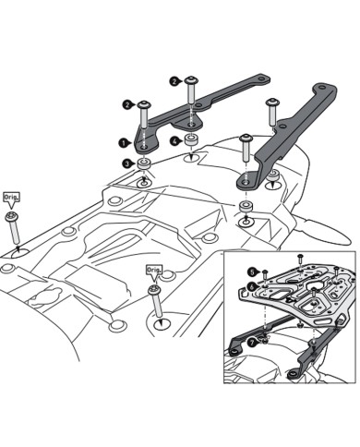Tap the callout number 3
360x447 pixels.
click(x=126, y=163)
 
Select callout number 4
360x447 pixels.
click(x=174, y=141)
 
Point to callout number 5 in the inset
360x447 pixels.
click(x=250, y=271)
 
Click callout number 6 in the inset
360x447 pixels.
click(x=250, y=288)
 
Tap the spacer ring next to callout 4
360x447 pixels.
click(x=191, y=140)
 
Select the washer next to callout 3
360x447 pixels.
click(x=145, y=164)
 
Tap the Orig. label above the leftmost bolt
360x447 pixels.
click(x=13, y=197)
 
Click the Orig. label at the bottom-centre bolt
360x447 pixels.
click(x=153, y=269)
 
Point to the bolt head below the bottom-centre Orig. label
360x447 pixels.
click(x=154, y=289)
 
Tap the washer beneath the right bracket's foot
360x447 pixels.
click(x=246, y=203)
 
